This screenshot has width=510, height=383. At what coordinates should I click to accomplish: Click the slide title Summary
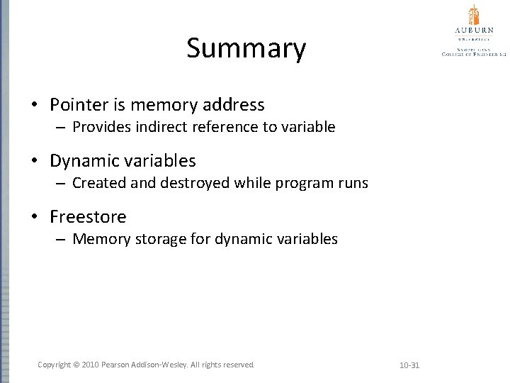[246, 49]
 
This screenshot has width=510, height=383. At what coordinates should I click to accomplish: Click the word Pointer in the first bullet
[78, 106]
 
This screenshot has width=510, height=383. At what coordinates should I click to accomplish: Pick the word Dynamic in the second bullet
[83, 161]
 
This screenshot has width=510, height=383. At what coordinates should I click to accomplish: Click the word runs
[351, 183]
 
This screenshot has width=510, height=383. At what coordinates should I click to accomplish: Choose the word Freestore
[88, 216]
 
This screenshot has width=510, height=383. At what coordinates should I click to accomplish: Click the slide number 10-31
[409, 365]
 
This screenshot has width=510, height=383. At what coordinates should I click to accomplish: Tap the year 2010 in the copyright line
[91, 365]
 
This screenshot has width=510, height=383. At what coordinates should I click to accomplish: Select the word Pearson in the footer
[119, 365]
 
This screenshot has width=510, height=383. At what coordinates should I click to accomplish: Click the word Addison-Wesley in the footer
[165, 365]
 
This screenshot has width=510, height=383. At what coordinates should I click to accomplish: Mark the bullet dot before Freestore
[35, 217]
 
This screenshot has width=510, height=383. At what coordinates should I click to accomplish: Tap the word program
[302, 184]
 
